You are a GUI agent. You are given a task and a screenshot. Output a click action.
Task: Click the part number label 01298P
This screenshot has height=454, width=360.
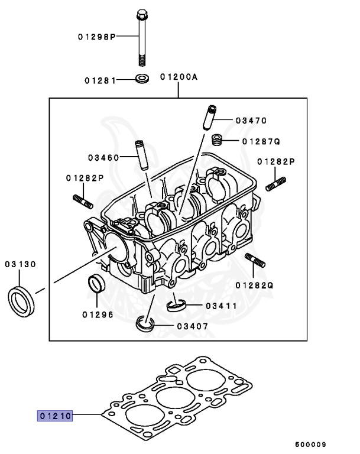95,37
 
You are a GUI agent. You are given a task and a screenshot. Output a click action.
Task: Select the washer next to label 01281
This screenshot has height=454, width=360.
142,79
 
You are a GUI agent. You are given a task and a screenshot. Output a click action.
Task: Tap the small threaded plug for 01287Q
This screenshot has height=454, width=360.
217,141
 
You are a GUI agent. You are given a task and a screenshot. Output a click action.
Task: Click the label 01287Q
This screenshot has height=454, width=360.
260,141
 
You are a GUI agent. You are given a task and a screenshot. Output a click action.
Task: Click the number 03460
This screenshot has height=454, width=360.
104,157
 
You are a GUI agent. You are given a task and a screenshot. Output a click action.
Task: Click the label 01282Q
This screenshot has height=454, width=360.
255,284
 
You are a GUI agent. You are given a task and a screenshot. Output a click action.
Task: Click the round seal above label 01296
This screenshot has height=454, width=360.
96,284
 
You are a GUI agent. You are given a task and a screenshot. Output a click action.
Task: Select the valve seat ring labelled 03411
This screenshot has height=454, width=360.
176,304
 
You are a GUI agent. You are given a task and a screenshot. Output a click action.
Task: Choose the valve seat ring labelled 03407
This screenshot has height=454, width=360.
145,324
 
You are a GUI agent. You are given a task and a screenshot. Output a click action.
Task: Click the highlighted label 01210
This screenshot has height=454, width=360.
55,416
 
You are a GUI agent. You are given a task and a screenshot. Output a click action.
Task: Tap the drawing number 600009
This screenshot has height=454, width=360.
310,443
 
